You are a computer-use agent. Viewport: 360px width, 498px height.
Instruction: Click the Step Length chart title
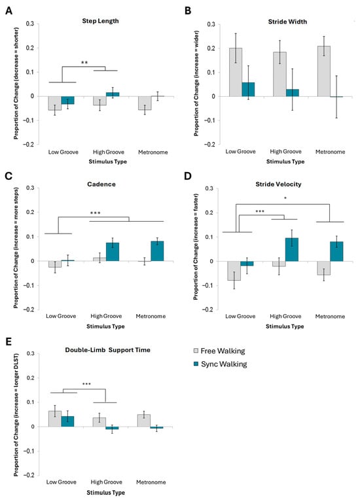(x=100, y=21)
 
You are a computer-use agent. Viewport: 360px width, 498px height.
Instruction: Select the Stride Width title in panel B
(x=287, y=22)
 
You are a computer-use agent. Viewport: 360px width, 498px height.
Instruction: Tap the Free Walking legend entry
(x=219, y=351)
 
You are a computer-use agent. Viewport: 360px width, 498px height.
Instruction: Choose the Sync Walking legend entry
(x=220, y=364)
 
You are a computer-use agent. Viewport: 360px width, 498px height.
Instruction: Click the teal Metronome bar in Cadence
(x=157, y=251)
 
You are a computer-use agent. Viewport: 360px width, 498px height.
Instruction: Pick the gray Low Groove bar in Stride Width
(x=236, y=72)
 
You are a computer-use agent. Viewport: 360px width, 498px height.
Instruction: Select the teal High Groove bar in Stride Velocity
(x=292, y=249)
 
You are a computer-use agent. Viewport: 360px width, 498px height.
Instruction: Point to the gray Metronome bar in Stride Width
(x=324, y=71)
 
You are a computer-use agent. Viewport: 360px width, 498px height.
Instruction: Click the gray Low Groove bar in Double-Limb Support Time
(x=54, y=419)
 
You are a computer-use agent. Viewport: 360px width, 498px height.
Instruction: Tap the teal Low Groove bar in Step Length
(x=67, y=100)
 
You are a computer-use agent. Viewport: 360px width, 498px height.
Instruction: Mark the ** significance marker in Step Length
(x=84, y=63)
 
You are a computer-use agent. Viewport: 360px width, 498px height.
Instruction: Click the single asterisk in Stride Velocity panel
(x=285, y=198)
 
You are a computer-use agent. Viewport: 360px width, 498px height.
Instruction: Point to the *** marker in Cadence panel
(x=96, y=213)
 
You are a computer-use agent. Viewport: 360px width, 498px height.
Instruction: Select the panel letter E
(x=9, y=342)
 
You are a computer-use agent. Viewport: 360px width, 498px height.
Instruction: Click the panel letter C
(x=9, y=175)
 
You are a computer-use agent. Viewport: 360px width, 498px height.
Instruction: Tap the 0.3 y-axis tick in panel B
(x=211, y=24)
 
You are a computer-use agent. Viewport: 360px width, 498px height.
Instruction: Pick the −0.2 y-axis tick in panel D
(x=209, y=310)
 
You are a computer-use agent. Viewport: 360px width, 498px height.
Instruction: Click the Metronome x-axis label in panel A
(x=153, y=152)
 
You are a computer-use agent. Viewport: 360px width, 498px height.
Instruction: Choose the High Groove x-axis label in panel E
(x=107, y=482)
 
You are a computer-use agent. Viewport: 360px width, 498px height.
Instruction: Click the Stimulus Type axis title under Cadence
(x=105, y=326)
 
